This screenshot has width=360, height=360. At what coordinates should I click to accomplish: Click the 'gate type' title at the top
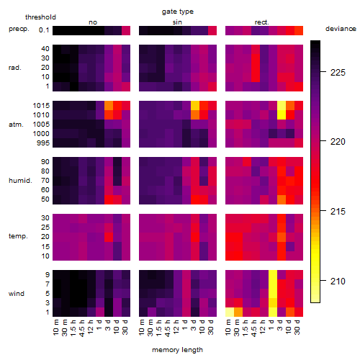point(178,12)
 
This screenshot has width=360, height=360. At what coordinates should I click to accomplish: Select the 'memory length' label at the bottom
point(177,350)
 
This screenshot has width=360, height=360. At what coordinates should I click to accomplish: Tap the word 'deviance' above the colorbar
point(341,29)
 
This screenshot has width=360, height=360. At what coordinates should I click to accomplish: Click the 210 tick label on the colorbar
point(338,281)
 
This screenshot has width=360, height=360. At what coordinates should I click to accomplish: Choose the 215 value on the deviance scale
point(338,211)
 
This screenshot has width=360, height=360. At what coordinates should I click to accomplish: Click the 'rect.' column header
point(261,22)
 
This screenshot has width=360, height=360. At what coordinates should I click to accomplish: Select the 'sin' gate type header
point(177,22)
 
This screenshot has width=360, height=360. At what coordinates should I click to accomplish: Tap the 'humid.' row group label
point(20,181)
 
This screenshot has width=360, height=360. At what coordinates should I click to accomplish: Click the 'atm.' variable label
point(16,125)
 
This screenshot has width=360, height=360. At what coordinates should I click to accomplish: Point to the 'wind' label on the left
point(17,294)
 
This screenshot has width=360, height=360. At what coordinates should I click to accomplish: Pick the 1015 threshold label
point(41,106)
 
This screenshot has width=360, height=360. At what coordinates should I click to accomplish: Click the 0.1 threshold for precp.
point(44,30)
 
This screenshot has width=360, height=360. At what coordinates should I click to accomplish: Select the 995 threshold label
point(43,143)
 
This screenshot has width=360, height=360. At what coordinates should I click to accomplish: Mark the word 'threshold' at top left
point(40,17)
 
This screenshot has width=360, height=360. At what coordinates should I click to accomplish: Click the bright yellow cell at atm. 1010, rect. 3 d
point(282,115)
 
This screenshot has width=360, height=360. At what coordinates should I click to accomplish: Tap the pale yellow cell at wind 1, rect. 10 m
point(230,312)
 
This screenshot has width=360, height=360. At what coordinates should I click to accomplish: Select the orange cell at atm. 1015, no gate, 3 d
point(109,106)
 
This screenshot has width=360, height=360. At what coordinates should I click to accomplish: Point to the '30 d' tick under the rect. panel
point(297,327)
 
